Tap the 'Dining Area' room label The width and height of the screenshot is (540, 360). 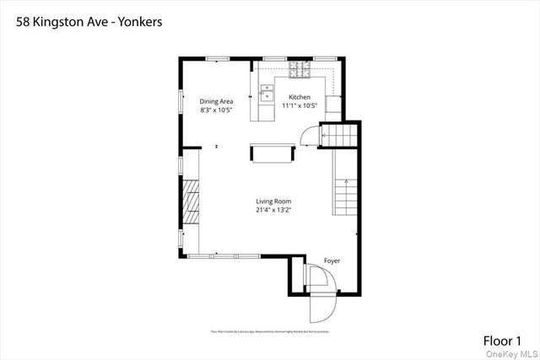216,102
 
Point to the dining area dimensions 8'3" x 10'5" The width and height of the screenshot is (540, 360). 216,110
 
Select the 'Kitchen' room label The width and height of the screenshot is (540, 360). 300,97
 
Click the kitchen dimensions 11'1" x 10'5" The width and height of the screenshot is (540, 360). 299,105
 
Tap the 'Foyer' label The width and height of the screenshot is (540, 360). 332,261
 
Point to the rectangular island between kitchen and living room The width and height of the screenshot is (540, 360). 270,153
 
